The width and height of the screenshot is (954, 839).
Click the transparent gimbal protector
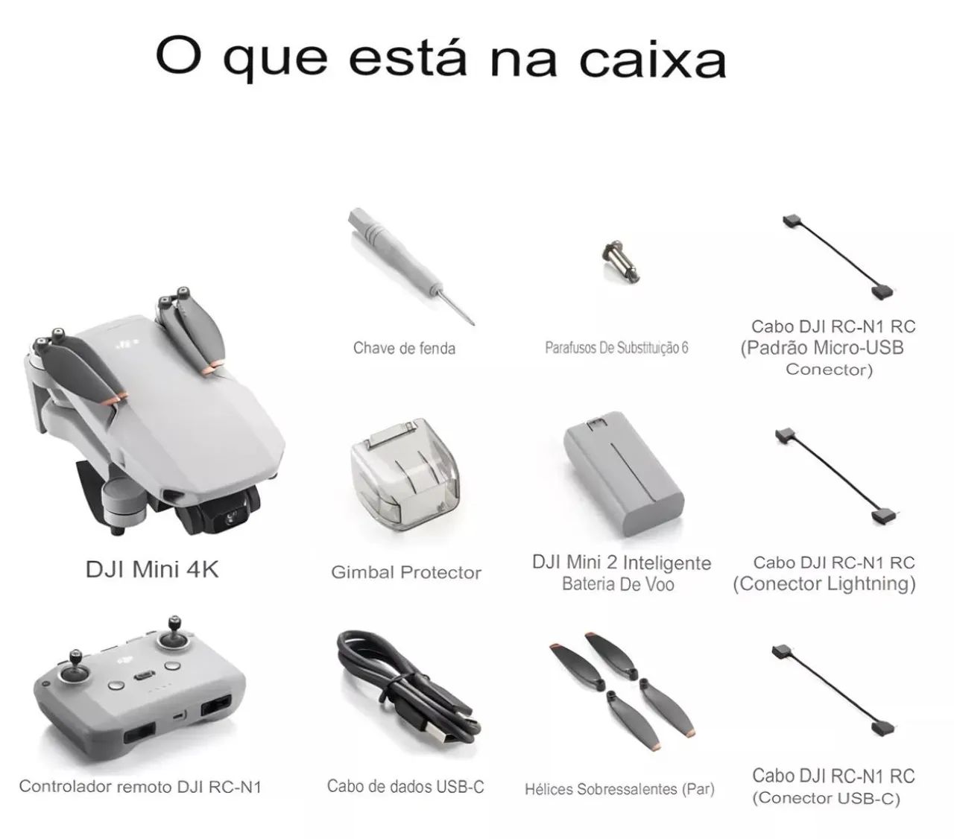point(405,474)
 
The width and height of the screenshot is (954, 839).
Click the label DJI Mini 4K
point(152,570)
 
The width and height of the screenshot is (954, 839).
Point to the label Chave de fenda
point(404,348)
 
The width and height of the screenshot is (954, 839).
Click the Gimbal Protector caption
point(406,573)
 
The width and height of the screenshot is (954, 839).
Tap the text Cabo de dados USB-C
point(405,786)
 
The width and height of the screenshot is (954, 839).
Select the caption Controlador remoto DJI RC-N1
point(140,787)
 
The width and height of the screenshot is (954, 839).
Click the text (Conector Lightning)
point(824,583)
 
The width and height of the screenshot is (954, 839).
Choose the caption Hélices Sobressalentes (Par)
point(619,789)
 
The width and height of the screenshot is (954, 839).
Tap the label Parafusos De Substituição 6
point(616,348)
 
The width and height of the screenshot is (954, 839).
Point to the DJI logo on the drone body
point(128,343)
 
